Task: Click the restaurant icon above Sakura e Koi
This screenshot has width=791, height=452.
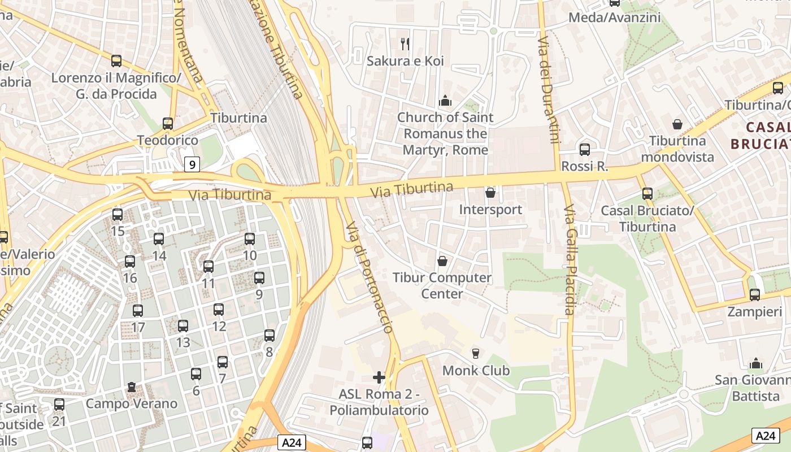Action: coord(405,44)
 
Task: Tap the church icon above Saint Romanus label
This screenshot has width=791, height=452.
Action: coord(445,101)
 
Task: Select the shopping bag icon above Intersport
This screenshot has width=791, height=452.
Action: coord(490,193)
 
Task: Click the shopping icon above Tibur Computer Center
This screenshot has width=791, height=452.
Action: coord(442,261)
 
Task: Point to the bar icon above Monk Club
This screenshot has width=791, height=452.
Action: coord(476,354)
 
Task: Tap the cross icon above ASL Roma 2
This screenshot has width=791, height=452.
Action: coord(379,377)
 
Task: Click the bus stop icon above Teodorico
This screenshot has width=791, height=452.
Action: coord(167,124)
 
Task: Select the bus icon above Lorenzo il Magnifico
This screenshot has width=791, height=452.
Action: coord(116,61)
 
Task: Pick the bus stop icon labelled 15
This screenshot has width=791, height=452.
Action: coord(118,215)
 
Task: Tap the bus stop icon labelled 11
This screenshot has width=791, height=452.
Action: coord(208,267)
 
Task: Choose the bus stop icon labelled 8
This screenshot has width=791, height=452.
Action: coord(270,336)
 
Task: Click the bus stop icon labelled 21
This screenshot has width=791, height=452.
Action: coord(59,405)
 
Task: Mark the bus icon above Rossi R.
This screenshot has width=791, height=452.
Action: coord(585,150)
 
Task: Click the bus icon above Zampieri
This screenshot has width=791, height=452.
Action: coord(754,294)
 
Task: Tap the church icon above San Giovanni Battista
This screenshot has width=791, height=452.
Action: coord(755,363)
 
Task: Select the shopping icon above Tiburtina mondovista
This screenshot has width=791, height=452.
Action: coord(677,124)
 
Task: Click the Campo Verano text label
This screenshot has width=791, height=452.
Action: coord(132,403)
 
